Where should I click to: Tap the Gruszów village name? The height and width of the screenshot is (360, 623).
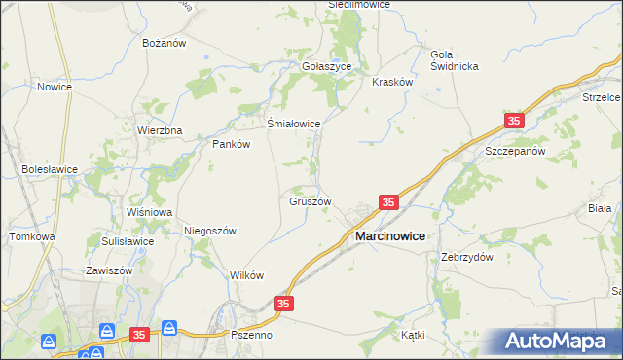pos(311,202)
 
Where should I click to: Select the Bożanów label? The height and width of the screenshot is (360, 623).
pos(164,44)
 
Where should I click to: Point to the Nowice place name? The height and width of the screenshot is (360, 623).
pos(55,87)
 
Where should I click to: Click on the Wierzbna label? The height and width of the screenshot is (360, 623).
pos(160,130)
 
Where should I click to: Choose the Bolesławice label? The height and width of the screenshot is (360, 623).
pos(50,168)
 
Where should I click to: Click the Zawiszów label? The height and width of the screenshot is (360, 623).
pos(108,270)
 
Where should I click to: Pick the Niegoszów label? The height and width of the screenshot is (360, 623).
pos(210,231)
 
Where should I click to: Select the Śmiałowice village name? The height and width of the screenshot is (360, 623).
pos(294,124)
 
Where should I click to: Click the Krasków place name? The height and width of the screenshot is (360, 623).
pos(393,83)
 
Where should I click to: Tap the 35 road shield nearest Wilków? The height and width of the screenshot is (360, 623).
pos(282,305)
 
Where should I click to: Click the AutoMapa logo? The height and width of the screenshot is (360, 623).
pos(560,341)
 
